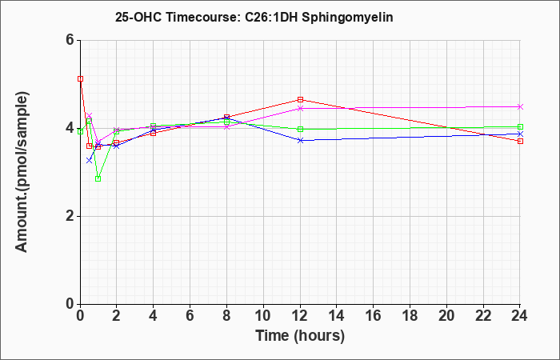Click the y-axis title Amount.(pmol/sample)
[23, 172]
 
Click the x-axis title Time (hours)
[300, 336]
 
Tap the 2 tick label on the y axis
[70, 216]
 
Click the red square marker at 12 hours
[300, 100]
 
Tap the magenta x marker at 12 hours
[300, 108]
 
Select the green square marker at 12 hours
[300, 129]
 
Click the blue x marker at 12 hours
[300, 140]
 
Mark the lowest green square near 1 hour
[98, 178]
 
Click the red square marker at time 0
[80, 79]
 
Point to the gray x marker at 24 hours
[520, 106]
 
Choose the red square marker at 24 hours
[520, 141]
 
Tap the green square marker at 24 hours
[520, 126]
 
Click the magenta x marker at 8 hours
[227, 126]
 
